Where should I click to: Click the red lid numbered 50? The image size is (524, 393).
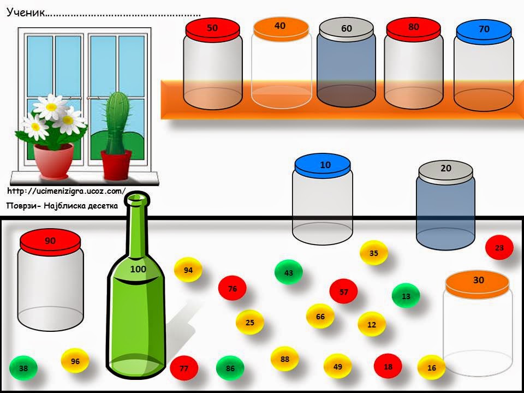(213, 29)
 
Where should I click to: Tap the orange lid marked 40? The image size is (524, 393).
(280, 27)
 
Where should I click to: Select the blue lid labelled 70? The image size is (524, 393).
(484, 31)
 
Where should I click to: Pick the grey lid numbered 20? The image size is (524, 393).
(445, 170)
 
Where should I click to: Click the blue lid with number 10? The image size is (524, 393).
(322, 165)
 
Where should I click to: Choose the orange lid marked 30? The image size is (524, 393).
(477, 281)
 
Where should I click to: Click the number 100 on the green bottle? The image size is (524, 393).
(138, 269)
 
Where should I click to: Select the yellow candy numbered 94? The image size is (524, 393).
(188, 270)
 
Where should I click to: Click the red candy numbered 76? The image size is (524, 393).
(233, 289)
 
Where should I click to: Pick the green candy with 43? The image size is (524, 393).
(289, 272)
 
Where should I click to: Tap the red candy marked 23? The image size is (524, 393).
(499, 248)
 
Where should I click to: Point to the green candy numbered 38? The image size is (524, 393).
(23, 368)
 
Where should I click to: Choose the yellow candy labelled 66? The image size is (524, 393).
(320, 317)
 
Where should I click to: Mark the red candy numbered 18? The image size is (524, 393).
(388, 367)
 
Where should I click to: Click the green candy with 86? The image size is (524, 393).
(230, 368)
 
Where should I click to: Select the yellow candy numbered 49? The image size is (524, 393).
(338, 366)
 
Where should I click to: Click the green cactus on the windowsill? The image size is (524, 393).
(115, 123)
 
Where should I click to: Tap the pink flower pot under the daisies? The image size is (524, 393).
(53, 160)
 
